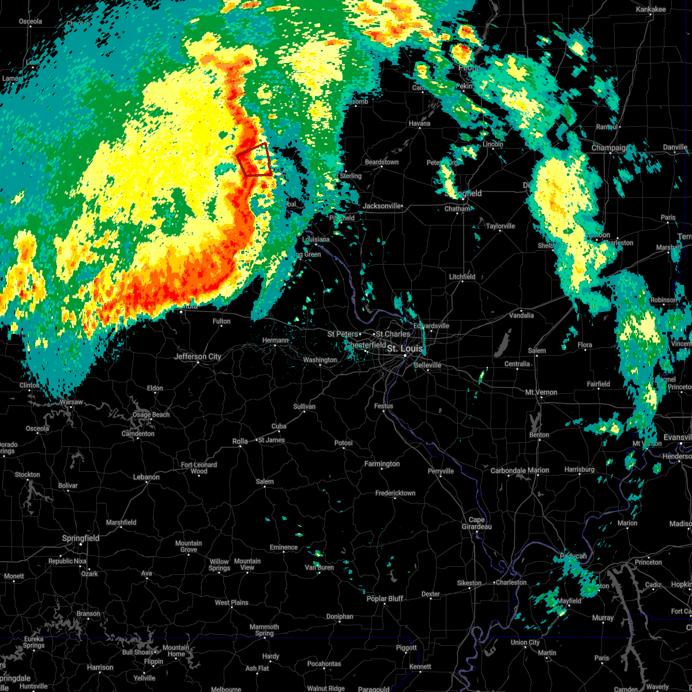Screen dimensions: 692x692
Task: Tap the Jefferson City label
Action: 198,357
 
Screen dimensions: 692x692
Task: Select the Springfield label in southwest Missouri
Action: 81,538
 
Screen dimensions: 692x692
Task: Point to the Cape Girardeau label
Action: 476,523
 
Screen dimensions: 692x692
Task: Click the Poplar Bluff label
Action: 385,599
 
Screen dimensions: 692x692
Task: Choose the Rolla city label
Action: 240,441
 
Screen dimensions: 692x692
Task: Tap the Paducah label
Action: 573,556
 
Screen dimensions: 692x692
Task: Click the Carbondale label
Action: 508,471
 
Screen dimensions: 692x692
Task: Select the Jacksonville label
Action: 382,206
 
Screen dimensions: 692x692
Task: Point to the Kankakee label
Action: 650,10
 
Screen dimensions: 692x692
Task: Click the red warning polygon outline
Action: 254,159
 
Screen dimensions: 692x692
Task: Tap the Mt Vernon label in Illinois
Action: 541,392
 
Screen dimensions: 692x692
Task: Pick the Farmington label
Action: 382,464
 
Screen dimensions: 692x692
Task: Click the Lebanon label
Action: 146,477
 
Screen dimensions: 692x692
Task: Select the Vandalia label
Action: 521,315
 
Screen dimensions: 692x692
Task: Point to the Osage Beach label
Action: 151,415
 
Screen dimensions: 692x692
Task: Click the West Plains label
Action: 231,603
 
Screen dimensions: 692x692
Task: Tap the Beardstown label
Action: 382,162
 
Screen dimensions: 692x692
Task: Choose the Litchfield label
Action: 462,277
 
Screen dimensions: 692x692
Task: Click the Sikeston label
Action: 469,583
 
